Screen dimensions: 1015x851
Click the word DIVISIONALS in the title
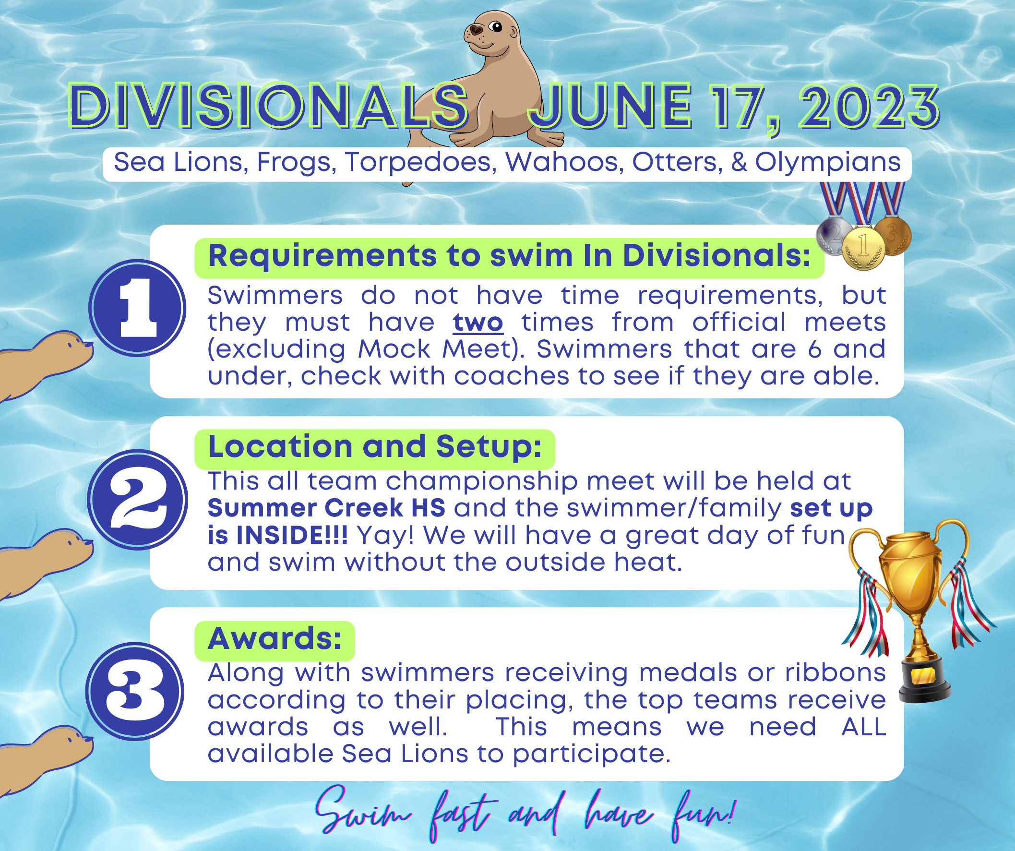click(269, 106)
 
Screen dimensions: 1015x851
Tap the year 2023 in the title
click(869, 107)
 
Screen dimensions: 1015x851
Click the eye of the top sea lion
click(495, 27)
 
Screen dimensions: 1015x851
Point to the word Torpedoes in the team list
click(420, 162)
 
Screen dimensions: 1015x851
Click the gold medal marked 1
click(863, 248)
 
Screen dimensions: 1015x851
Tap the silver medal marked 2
click(834, 236)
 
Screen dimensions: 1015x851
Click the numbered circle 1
click(137, 309)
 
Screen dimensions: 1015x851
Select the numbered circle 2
click(137, 500)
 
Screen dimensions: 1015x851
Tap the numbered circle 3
click(135, 692)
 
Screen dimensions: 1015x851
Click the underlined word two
click(478, 323)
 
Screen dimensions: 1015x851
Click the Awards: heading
click(275, 638)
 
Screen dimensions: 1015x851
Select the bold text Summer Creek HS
click(326, 508)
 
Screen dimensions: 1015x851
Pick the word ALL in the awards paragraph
click(864, 727)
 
